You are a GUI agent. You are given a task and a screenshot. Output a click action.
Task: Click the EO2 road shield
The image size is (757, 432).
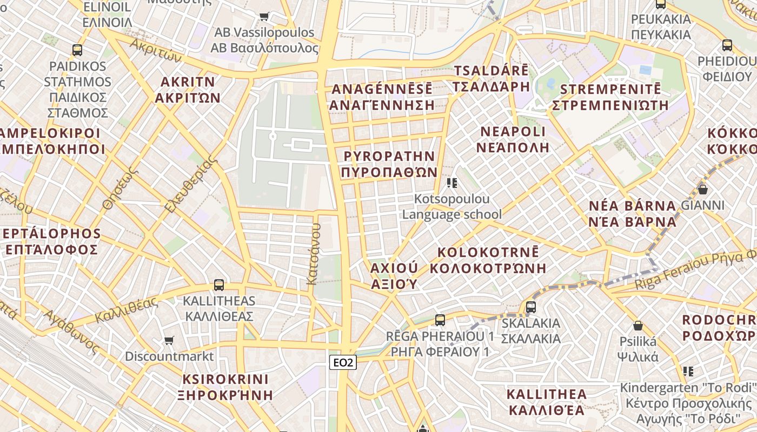coord(343,363)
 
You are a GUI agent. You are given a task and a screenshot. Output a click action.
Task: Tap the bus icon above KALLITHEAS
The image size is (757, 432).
coord(218,285)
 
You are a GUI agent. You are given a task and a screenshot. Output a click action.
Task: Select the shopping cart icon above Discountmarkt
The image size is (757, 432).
coord(169,341)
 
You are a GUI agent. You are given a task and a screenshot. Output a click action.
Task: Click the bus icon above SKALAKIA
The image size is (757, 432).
coord(530,307)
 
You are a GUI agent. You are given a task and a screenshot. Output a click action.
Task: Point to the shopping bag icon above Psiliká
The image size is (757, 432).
coord(638,326)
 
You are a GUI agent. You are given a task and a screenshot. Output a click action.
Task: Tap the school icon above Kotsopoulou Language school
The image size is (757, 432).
coord(452,183)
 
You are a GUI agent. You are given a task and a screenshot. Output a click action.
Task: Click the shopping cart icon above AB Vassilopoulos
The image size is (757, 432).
coord(264,16)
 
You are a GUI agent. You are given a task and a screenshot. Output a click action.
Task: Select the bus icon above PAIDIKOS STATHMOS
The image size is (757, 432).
coord(77,50)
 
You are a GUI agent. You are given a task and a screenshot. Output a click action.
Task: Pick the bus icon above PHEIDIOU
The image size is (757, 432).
coord(727,45)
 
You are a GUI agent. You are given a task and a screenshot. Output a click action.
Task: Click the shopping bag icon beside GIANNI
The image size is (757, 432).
coord(702,190)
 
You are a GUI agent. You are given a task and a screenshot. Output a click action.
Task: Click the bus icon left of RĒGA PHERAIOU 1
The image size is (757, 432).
coord(440,320)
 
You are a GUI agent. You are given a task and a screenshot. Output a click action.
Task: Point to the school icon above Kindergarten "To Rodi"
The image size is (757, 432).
coord(688,372)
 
